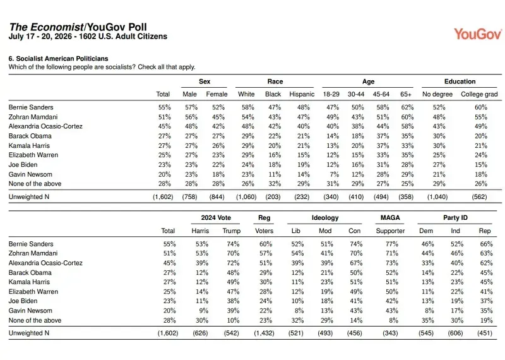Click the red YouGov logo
[478, 34]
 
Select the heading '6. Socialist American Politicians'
[58, 59]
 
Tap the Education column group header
[460, 81]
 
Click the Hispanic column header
[302, 94]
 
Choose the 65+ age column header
[406, 94]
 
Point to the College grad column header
[479, 94]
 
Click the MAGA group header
[390, 218]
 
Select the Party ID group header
[455, 218]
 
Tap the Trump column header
[231, 231]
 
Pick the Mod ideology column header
[325, 231]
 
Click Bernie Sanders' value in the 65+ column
[407, 107]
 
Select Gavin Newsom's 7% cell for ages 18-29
[334, 174]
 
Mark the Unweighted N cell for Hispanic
[302, 196]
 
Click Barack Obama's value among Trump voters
[233, 273]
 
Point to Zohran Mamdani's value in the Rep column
[486, 253]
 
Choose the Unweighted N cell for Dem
[425, 333]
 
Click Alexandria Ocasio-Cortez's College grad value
[481, 126]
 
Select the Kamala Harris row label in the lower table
[29, 282]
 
